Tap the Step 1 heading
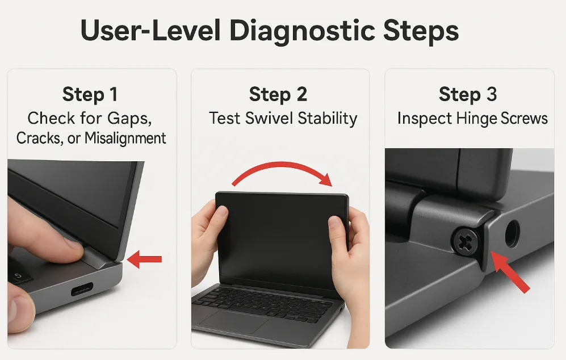pyautogui.click(x=90, y=94)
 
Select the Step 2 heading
pyautogui.click(x=278, y=94)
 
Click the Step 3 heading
pyautogui.click(x=468, y=94)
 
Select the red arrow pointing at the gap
pyautogui.click(x=144, y=259)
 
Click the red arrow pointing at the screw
pyautogui.click(x=510, y=271)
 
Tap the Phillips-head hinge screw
pyautogui.click(x=466, y=241)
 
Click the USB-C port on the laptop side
pyautogui.click(x=82, y=288)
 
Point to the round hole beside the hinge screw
pyautogui.click(x=512, y=233)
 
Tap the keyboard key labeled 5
pyautogui.click(x=18, y=276)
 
